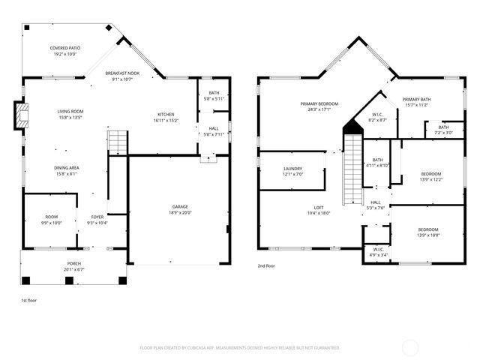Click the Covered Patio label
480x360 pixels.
click(65, 48)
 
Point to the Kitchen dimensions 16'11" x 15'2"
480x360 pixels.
click(166, 120)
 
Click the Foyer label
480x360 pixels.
click(97, 217)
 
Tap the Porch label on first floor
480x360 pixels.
click(74, 264)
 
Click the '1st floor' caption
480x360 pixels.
click(28, 300)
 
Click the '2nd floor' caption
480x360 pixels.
click(266, 265)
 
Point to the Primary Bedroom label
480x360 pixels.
click(319, 103)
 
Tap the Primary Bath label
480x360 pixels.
click(415, 99)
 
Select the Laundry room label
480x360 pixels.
click(292, 169)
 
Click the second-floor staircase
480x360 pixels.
click(351, 169)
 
